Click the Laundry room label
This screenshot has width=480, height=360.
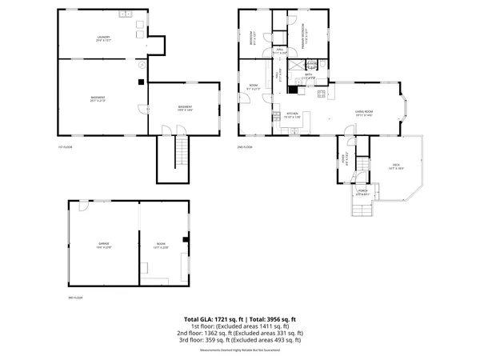pyautogui.click(x=103, y=38)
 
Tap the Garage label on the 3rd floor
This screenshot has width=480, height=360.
pyautogui.click(x=104, y=246)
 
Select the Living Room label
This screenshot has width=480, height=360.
pyautogui.click(x=366, y=113)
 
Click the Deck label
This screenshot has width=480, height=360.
pyautogui.click(x=395, y=166)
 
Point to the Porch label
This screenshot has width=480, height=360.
pyautogui.click(x=362, y=192)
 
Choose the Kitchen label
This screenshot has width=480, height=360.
pyautogui.click(x=293, y=114)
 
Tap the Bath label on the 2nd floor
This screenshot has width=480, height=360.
pyautogui.click(x=309, y=77)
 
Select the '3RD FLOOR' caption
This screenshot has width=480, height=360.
pyautogui.click(x=75, y=298)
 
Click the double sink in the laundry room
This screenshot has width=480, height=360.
pyautogui.click(x=126, y=14)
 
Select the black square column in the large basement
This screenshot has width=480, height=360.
pyautogui.click(x=141, y=81)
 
